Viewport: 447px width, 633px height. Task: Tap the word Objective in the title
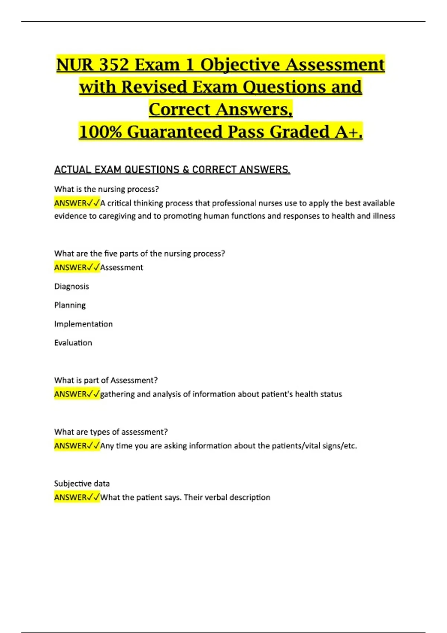point(240,65)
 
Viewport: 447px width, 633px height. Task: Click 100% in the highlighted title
point(100,132)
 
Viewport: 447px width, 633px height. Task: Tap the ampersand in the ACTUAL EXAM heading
point(186,170)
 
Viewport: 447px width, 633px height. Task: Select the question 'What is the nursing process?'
point(107,189)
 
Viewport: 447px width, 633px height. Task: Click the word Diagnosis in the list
point(72,286)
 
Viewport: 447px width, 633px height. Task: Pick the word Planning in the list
point(70,305)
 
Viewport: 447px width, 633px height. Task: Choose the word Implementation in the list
point(83,324)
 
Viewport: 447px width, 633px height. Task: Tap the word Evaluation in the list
point(73,343)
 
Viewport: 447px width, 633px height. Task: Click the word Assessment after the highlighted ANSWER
point(122,267)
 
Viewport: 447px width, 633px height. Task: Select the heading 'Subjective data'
point(82,483)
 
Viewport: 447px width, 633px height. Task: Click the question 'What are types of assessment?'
point(111,432)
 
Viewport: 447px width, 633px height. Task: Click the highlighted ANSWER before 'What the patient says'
point(71,497)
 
